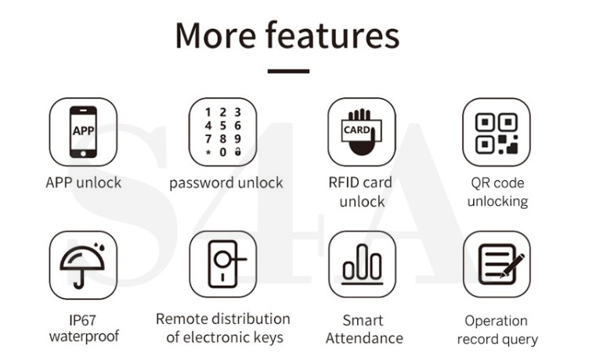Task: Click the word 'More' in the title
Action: coord(215,35)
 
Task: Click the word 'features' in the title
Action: coord(332,34)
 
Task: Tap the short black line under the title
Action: coord(288,71)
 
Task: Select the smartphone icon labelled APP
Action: coord(83,131)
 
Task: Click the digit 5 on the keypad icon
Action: coord(222,125)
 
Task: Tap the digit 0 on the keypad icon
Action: coord(222,152)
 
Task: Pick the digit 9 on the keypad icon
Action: coord(237,139)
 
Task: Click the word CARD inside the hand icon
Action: coord(356,130)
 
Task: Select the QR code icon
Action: coord(497,133)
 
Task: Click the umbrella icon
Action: coord(82,267)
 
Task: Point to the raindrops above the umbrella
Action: coord(99,247)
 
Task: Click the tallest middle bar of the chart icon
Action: coord(363,261)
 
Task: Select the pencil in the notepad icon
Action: coord(512,265)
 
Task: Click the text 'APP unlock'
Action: coord(83,182)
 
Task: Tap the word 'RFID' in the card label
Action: coord(344,182)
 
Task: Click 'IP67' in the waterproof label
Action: coord(82,320)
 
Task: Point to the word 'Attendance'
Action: coord(364,338)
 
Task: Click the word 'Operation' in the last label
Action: coord(497,321)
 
